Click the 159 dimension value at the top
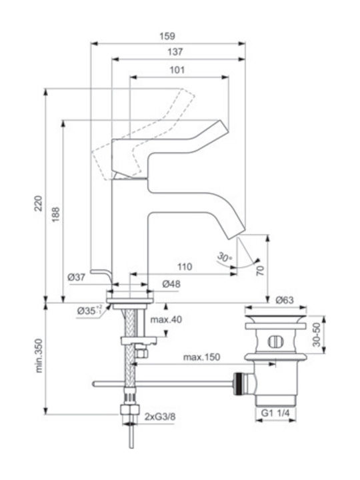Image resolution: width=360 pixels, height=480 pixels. coord(167,36)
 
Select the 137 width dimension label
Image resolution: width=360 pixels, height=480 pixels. coord(175,52)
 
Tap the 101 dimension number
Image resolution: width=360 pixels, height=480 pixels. coord(177,70)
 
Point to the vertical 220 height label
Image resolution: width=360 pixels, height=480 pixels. coord(39,203)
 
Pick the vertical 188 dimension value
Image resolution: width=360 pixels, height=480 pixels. coord(55,215)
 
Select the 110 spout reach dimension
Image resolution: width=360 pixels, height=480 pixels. coord(185,267)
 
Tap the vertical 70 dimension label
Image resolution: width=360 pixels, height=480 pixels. coord(260,271)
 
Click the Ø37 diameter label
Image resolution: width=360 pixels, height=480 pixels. coord(76,277)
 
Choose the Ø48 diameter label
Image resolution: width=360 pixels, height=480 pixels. coord(171,284)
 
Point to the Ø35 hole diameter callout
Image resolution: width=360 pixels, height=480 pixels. coord(90,311)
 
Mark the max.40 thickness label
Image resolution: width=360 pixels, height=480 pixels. coord(166,319)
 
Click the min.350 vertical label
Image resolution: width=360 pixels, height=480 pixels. coord(39,355)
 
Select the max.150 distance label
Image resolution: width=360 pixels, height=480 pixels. coord(202,357)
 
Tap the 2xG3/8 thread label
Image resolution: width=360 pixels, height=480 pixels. coord(160,417)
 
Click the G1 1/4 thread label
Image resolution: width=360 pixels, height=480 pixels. coord(275,413)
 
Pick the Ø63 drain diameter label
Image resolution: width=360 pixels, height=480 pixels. coord(285,300)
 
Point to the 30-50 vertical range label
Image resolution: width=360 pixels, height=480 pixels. coord(317,335)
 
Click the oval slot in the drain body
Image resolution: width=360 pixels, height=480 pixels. coord(276,342)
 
